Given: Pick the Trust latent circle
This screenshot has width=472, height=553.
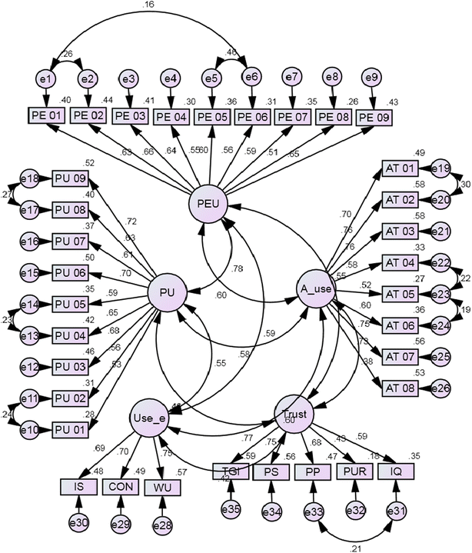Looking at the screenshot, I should [295, 415].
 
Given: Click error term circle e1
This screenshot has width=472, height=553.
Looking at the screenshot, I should [45, 78].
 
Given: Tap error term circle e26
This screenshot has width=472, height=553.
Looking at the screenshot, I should [440, 388].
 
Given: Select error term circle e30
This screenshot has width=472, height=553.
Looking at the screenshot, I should [78, 522].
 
